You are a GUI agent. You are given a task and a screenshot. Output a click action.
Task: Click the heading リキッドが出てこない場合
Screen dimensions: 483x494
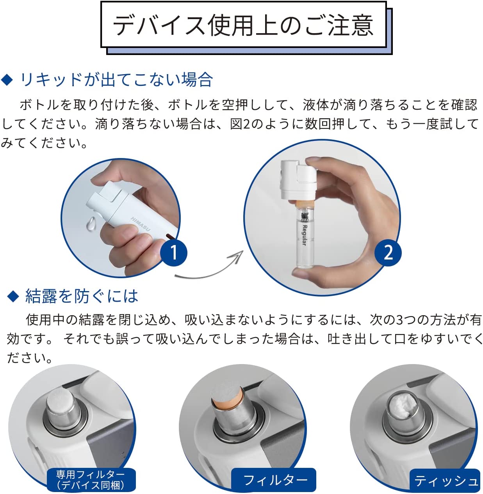pyautogui.click(x=116, y=80)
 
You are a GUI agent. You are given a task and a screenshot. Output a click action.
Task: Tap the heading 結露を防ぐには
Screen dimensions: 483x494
pyautogui.click(x=82, y=296)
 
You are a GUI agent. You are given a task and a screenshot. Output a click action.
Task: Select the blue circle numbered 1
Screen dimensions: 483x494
pyautogui.click(x=174, y=253)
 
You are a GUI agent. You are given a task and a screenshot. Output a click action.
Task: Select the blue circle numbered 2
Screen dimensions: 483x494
pyautogui.click(x=388, y=252)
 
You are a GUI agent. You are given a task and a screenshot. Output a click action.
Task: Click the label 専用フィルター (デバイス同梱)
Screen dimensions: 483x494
pyautogui.click(x=91, y=479)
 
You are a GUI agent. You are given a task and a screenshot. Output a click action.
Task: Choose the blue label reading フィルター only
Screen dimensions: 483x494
pyautogui.click(x=274, y=480)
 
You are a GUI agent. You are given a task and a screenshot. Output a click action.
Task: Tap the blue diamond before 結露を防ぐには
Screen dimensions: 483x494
pyautogui.click(x=13, y=296)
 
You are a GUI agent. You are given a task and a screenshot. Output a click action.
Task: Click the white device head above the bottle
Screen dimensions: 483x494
pyautogui.click(x=298, y=180)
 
